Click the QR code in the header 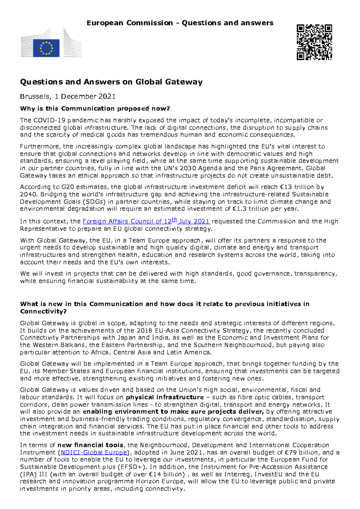[314, 42]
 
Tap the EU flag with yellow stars [46, 48]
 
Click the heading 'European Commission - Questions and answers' [180, 23]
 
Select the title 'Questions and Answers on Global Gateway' [111, 82]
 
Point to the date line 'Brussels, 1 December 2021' [67, 97]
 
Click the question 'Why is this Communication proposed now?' [95, 109]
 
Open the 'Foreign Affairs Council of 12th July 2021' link [146, 221]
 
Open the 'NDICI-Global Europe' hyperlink [94, 452]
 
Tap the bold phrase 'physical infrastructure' [165, 397]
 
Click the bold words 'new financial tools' [90, 445]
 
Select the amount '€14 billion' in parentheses [167, 474]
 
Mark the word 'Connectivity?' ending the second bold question [43, 311]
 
